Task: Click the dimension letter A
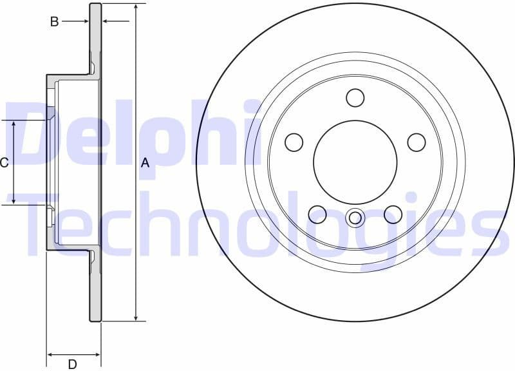(x=145, y=163)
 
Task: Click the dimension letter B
(x=55, y=22)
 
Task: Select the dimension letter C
(x=4, y=162)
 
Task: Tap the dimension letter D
(x=73, y=365)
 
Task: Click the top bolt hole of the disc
(x=355, y=98)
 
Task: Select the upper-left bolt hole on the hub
(x=294, y=142)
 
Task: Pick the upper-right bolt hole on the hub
(x=417, y=142)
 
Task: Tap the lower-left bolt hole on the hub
(x=317, y=214)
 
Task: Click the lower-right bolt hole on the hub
(x=393, y=214)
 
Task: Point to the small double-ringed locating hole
(x=355, y=218)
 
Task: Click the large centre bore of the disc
(x=355, y=162)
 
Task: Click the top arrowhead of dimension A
(x=136, y=7)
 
